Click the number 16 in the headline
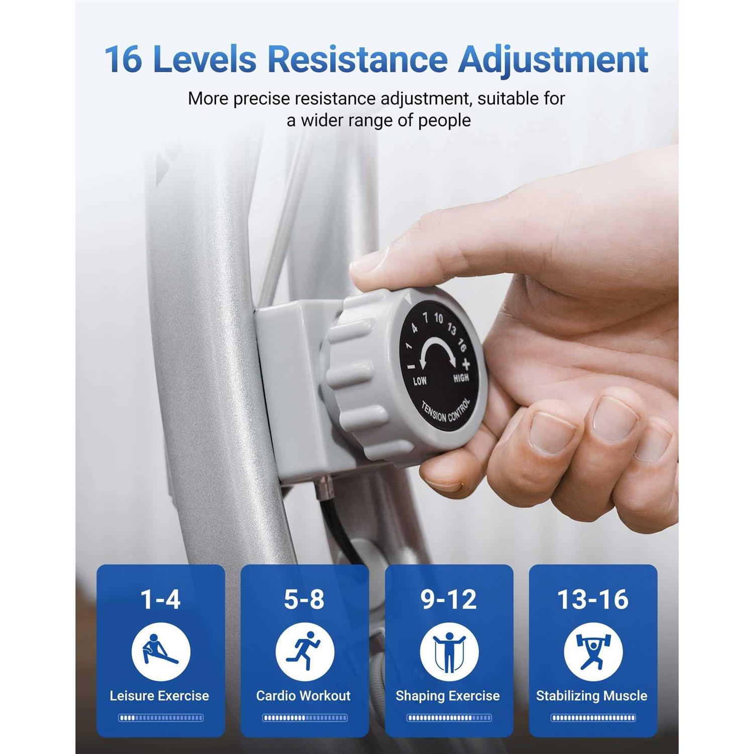pyautogui.click(x=124, y=59)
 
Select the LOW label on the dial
pyautogui.click(x=420, y=381)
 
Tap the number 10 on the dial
pyautogui.click(x=438, y=318)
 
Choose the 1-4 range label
pyautogui.click(x=160, y=599)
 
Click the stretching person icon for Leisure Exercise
pyautogui.click(x=161, y=652)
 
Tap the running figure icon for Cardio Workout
pyautogui.click(x=305, y=652)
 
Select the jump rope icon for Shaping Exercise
pyautogui.click(x=449, y=652)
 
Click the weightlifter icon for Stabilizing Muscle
pyautogui.click(x=593, y=652)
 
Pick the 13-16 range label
pyautogui.click(x=593, y=599)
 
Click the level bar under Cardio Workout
pyautogui.click(x=305, y=718)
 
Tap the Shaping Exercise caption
pyautogui.click(x=448, y=696)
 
